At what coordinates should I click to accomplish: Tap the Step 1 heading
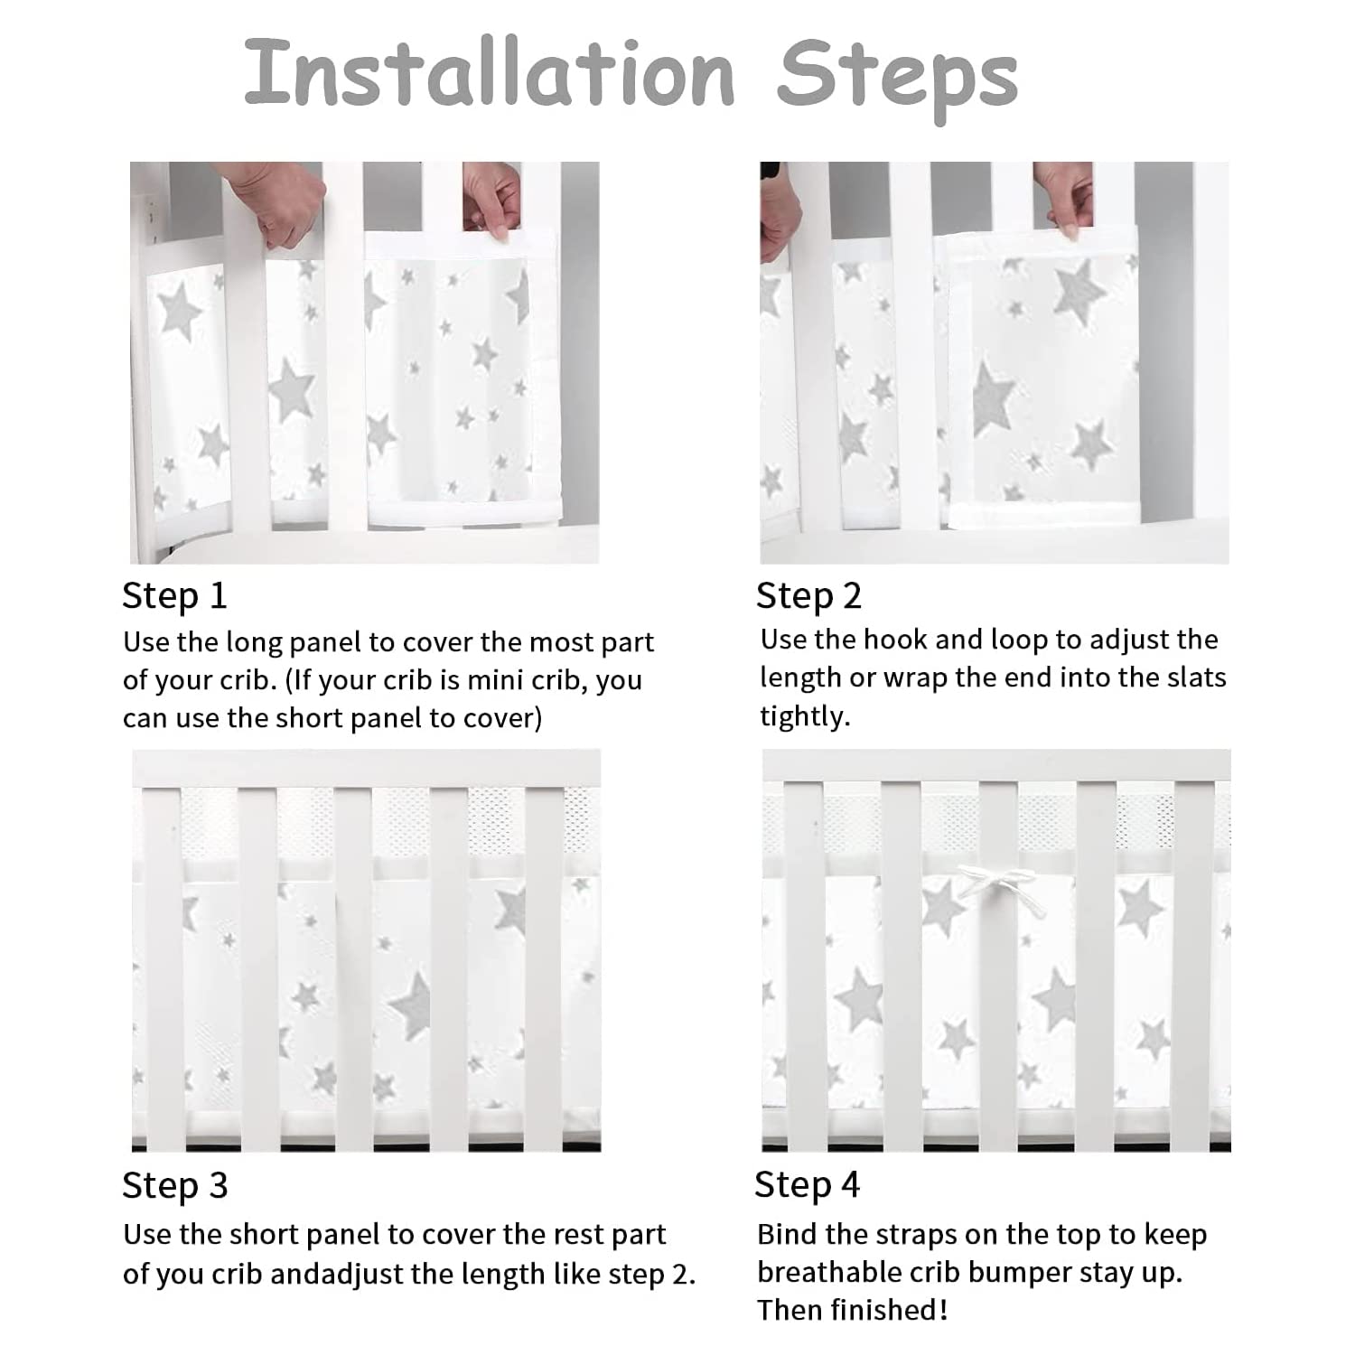[x=174, y=596]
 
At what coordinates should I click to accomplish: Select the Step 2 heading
[x=808, y=596]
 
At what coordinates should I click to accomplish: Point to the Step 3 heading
[x=175, y=1185]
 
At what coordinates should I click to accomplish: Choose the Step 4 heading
[x=807, y=1185]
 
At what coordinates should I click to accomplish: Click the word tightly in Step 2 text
[x=803, y=716]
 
